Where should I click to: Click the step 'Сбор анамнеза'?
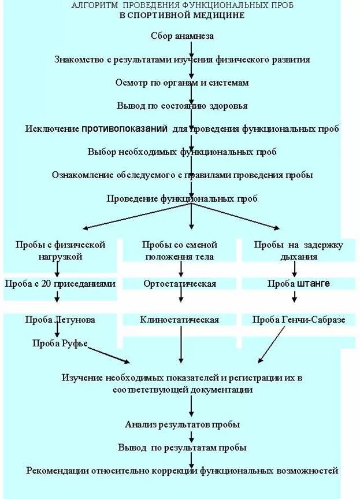coord(182,36)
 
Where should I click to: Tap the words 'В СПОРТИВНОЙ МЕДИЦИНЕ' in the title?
coord(182,14)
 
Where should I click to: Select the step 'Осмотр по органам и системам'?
coord(182,83)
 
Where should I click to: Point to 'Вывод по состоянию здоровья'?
coord(182,106)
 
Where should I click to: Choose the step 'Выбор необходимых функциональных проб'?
coord(182,152)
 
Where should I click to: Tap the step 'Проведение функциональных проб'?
coord(182,198)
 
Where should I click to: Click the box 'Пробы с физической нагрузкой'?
coord(60,250)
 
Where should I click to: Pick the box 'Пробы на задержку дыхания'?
coord(299,250)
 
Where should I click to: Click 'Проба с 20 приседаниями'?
coord(60,283)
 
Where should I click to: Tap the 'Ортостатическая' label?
coord(180,283)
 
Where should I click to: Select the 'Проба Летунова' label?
coord(60,319)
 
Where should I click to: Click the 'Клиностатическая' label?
coord(180,319)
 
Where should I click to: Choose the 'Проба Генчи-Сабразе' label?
coord(299,319)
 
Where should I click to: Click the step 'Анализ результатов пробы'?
coord(182,424)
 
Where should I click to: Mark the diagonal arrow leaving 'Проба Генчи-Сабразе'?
coord(272,344)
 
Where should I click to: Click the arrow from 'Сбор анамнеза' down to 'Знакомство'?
coord(191,47)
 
